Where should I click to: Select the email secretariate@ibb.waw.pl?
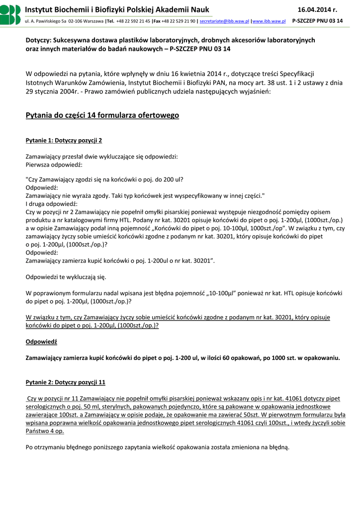click(x=224, y=21)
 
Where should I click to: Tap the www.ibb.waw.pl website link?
click(x=269, y=21)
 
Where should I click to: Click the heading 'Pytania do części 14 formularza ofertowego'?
click(x=102, y=115)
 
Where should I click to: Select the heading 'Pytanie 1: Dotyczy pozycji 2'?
click(x=64, y=141)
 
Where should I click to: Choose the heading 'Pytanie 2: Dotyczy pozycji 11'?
click(x=65, y=382)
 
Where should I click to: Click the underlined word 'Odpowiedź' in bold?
click(x=41, y=342)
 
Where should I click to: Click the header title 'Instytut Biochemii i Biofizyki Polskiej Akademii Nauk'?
click(x=117, y=9)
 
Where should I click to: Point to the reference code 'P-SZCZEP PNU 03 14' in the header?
click(x=317, y=21)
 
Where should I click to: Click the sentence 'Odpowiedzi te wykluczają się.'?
click(x=65, y=277)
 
